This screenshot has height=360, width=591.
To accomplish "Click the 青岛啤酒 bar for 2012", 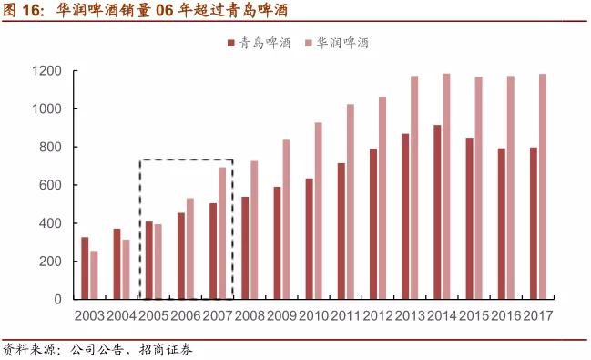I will (x=373, y=224).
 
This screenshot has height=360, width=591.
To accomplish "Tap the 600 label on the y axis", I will (x=50, y=185).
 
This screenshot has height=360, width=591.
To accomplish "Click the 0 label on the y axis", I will (x=57, y=299).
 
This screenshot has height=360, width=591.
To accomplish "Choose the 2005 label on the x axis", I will (x=154, y=315).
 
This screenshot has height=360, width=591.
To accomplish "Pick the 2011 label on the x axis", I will (x=346, y=315).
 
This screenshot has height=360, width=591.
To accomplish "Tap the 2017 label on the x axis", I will (x=538, y=315).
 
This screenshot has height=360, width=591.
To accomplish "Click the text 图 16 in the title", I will (x=22, y=12).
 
